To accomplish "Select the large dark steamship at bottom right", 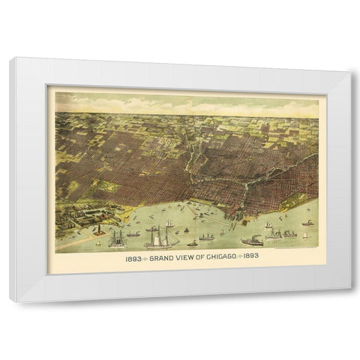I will [x=252, y=240].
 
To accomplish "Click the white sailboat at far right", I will [x=307, y=221].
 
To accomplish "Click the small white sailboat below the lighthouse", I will [x=97, y=241].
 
